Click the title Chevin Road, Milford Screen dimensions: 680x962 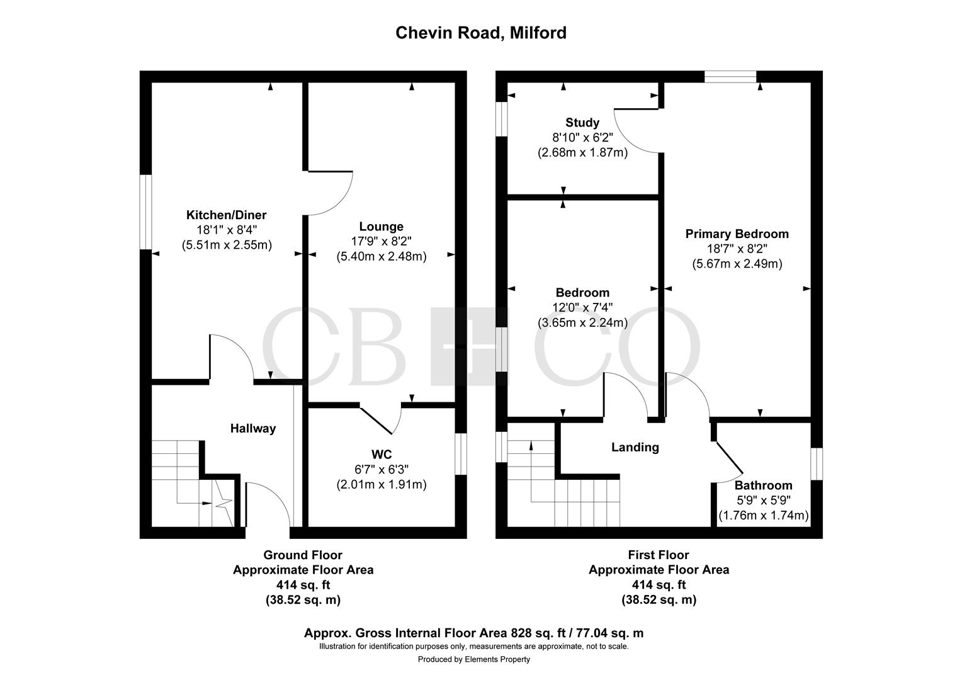tap(480, 33)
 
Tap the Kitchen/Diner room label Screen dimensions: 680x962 tap(226, 215)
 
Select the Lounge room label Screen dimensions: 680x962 tap(381, 227)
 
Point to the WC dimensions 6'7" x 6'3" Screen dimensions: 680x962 tap(381, 470)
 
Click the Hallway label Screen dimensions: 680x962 tap(252, 429)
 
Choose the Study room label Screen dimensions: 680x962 tap(582, 122)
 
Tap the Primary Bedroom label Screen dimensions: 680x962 tap(737, 234)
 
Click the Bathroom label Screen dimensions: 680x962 tap(763, 485)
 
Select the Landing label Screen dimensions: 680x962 tap(635, 447)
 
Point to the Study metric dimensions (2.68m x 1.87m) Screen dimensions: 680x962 tap(582, 152)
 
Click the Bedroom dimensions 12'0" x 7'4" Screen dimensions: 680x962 tap(582, 308)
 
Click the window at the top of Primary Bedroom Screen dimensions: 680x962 tap(730, 76)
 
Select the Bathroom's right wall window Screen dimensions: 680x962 tap(816, 464)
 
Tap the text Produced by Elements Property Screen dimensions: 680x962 tap(473, 659)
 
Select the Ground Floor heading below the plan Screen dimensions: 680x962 tap(303, 555)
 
